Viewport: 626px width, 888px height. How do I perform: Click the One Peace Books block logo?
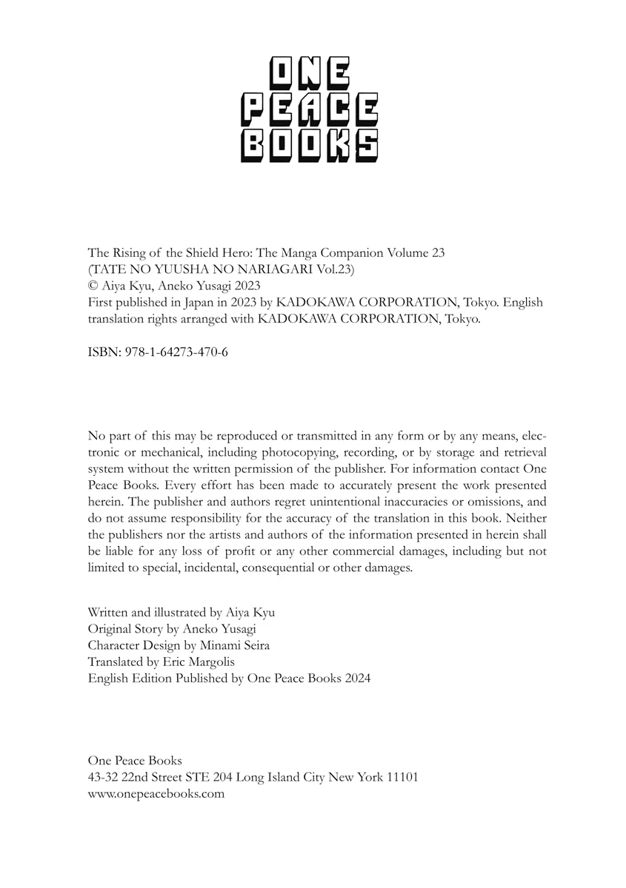tap(310, 110)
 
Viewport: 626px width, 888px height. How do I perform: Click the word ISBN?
tap(101, 352)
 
